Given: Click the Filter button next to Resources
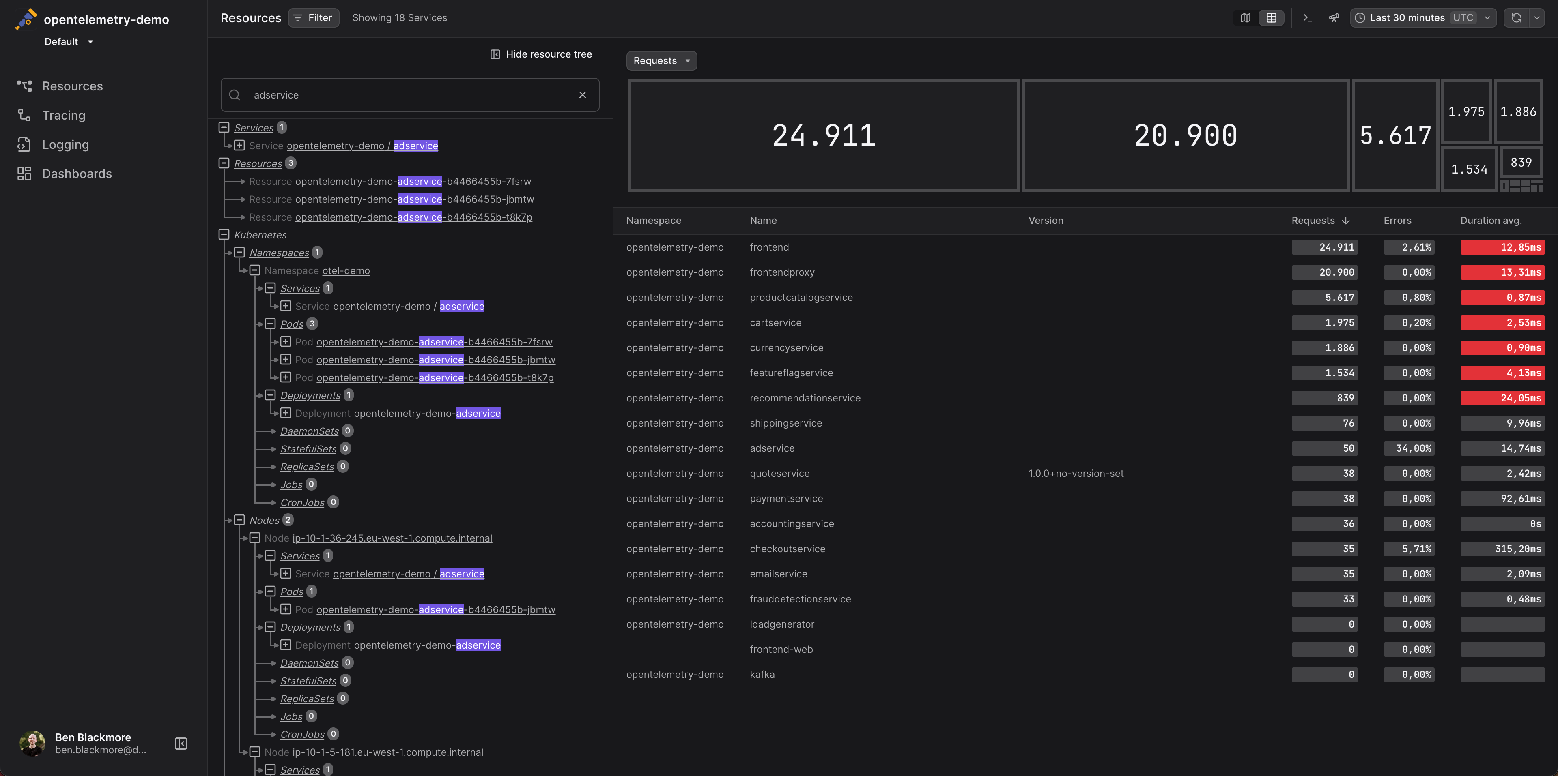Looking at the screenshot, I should point(313,17).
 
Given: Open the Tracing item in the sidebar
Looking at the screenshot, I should point(64,116).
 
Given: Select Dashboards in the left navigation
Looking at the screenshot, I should point(77,174).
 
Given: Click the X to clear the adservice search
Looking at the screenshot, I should point(583,95).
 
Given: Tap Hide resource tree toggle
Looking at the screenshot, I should point(541,54).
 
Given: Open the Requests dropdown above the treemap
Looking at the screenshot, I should point(661,60).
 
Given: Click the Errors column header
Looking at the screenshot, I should point(1397,221).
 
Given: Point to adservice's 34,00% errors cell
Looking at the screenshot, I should point(1409,448).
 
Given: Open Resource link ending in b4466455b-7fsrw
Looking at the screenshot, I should point(413,181).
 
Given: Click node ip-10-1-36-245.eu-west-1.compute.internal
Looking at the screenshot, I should point(392,538).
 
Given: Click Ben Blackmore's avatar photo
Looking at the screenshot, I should point(32,743).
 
